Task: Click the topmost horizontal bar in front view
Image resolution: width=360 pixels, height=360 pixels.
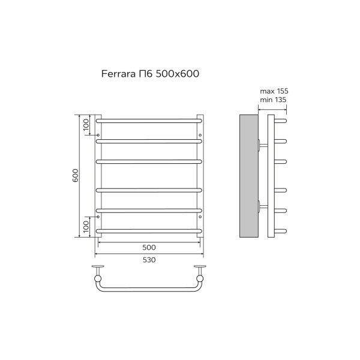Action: point(149,120)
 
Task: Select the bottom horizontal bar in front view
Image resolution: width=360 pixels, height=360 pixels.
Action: point(149,230)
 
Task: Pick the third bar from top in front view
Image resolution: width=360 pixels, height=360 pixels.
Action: point(149,161)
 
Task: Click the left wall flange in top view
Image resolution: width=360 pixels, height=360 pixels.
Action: point(98,267)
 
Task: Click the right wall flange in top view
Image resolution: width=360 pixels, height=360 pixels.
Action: point(200,267)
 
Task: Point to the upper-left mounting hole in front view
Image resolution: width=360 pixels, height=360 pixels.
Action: point(98,135)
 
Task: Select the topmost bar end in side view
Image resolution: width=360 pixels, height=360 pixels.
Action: point(282,120)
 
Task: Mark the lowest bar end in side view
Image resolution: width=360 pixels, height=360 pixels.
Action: point(282,230)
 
